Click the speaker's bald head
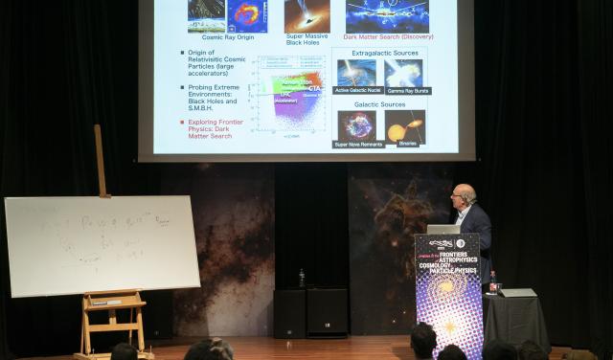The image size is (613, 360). (x=464, y=193)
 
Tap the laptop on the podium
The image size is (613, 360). (x=443, y=230)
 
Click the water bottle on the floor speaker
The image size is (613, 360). (x=302, y=278)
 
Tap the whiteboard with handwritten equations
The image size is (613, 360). (x=101, y=245)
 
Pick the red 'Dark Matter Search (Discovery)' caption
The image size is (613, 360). (x=387, y=37)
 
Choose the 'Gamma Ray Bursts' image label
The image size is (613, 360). (x=408, y=91)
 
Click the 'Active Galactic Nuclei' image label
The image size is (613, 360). (x=356, y=91)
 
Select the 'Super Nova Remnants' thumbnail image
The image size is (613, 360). (x=356, y=124)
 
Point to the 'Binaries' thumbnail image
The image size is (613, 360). (x=404, y=124)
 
